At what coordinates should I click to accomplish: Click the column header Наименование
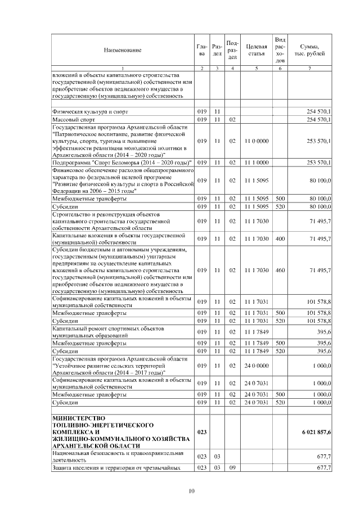tap(121, 50)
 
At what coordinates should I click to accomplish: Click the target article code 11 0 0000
tap(256, 140)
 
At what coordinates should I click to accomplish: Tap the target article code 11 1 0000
tap(256, 162)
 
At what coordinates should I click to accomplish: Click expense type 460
tap(280, 270)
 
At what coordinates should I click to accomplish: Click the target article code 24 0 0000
tap(256, 365)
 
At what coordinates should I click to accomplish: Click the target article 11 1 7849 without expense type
tap(256, 331)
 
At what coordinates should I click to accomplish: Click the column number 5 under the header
tap(256, 69)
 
